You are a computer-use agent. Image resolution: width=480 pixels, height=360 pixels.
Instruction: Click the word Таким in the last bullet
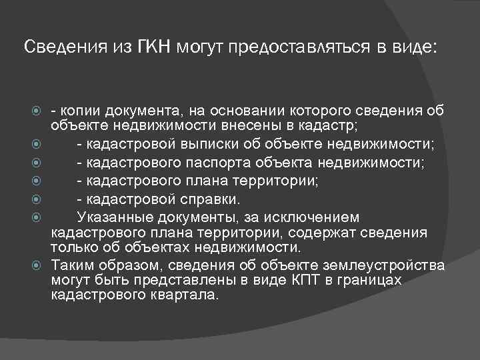[69, 265]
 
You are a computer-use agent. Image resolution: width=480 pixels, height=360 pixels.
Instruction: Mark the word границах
[363, 280]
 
